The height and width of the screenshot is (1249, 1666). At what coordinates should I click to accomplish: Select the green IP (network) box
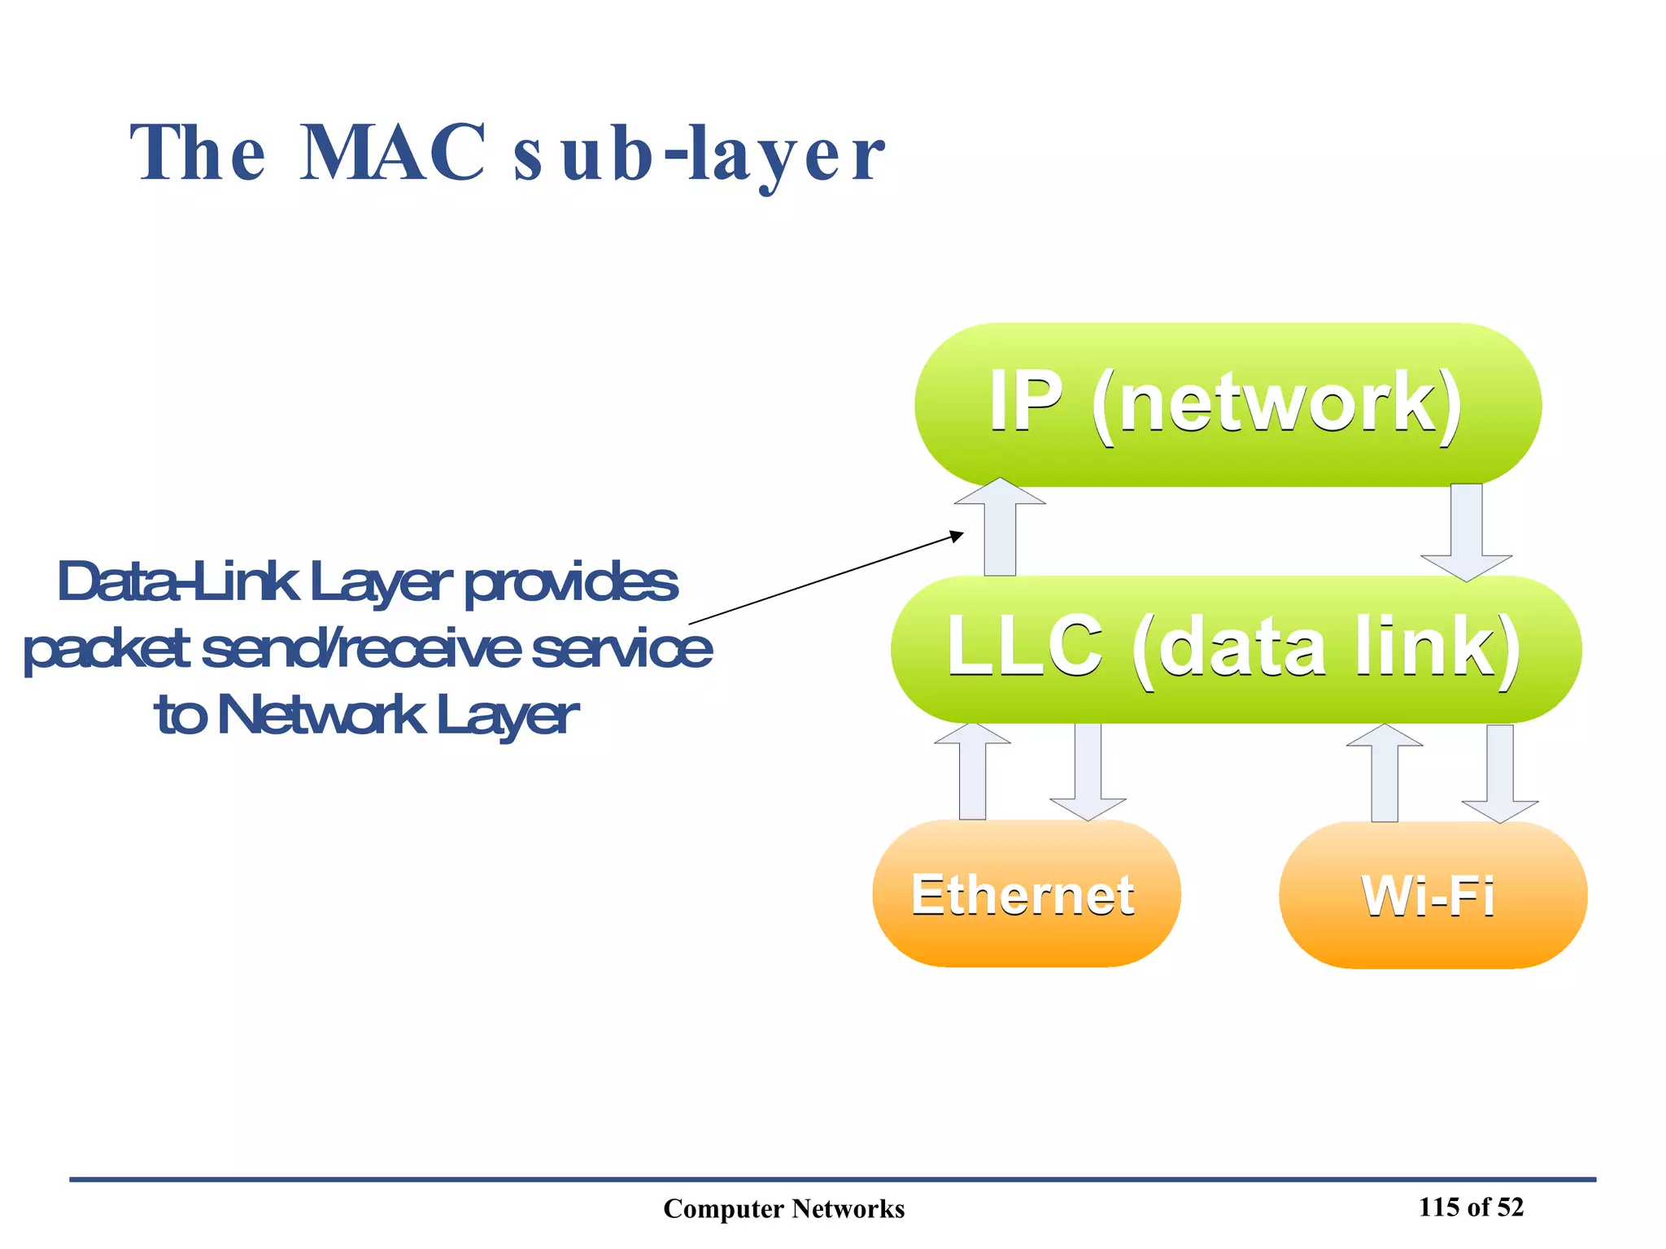pos(1227,404)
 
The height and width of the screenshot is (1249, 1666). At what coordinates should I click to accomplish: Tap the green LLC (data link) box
pos(1235,648)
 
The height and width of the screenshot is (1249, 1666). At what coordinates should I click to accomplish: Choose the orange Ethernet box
pos(1025,894)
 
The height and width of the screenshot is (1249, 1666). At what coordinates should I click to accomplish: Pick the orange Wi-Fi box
pos(1432,895)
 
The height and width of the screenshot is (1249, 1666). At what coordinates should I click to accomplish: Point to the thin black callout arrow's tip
pos(962,533)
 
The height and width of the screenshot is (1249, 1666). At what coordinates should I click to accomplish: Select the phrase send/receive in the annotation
pos(360,650)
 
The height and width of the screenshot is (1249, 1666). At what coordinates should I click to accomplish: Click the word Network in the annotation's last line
pos(321,716)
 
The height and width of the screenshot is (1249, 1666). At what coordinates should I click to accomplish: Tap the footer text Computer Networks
pos(783,1208)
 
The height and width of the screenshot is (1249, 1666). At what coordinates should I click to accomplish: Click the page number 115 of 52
pos(1471,1207)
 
